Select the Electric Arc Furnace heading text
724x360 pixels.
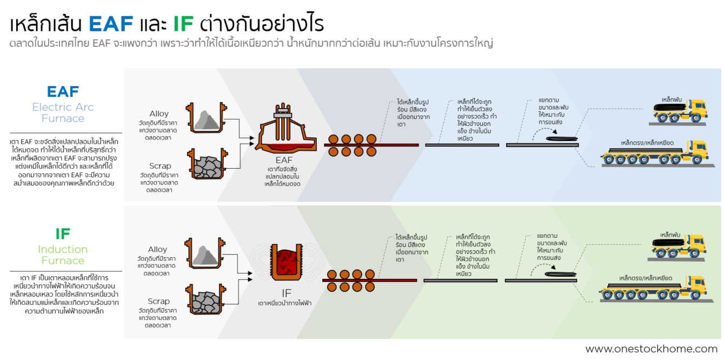pyautogui.click(x=63, y=112)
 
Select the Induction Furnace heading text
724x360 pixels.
pyautogui.click(x=63, y=255)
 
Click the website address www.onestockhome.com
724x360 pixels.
pyautogui.click(x=651, y=349)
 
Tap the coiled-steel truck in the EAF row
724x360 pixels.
pyautogui.click(x=679, y=111)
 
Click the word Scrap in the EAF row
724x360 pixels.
pyautogui.click(x=160, y=166)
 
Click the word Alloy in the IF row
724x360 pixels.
pyautogui.click(x=158, y=249)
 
